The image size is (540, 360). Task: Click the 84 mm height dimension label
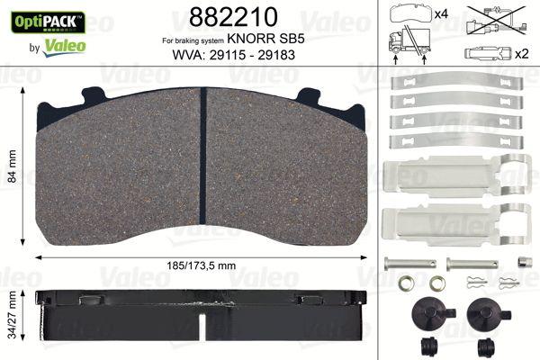(x=12, y=166)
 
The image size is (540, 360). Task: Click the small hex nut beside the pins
(x=519, y=263)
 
